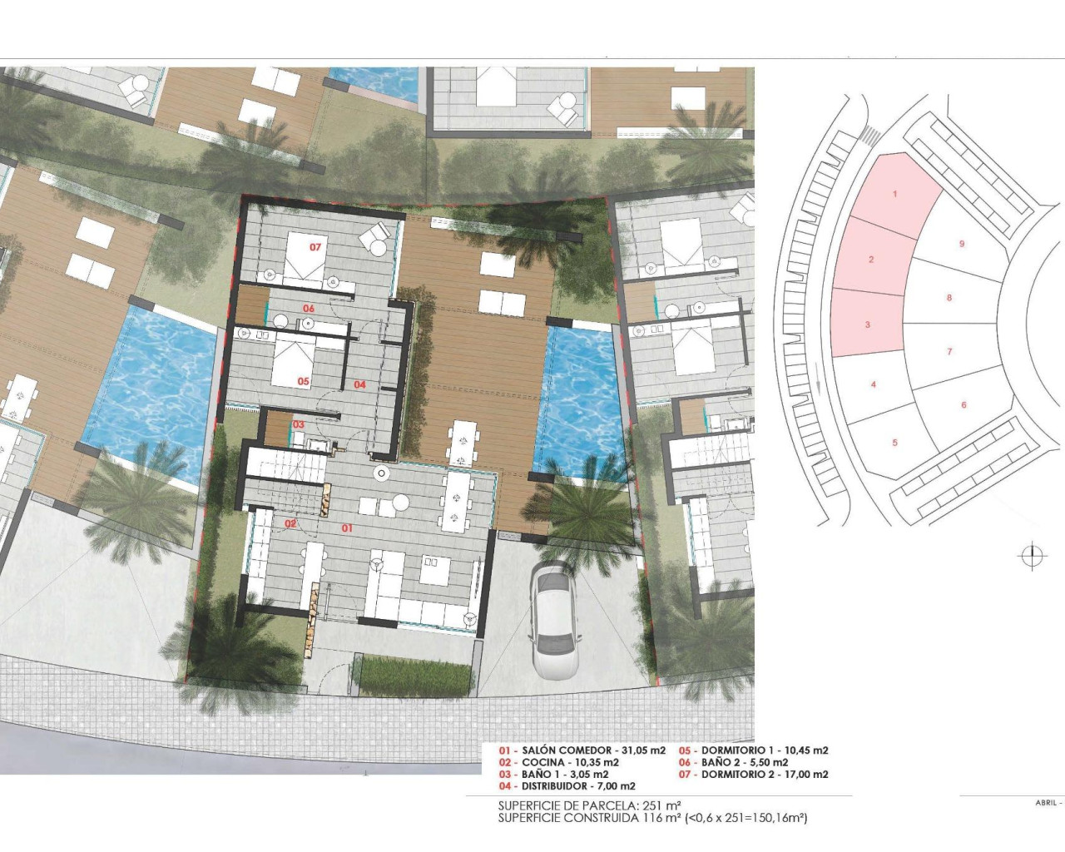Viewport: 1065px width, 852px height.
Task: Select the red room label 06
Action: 309,309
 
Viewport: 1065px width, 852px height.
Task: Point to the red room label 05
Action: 303,381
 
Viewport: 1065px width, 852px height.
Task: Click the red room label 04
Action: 359,384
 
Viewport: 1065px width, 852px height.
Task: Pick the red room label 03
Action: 298,425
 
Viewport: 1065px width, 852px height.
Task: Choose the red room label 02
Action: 290,523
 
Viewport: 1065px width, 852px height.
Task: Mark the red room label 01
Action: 347,528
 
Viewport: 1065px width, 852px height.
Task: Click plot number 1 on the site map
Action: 895,195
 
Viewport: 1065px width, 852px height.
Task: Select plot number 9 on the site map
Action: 962,244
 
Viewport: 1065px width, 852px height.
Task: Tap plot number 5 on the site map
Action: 895,443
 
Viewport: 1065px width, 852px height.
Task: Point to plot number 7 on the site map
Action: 949,352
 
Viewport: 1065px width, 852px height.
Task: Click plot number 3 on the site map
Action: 868,324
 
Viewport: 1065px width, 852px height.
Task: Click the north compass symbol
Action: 1031,556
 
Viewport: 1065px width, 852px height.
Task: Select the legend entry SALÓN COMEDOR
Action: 582,750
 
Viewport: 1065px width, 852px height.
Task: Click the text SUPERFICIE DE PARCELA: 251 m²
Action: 590,805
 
